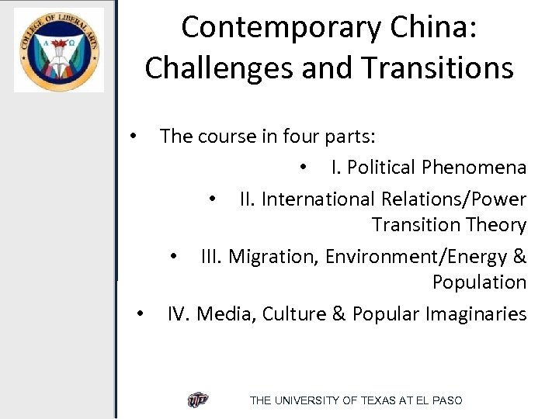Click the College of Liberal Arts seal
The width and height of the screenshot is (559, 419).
[58, 50]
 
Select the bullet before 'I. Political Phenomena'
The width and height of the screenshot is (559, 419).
[305, 168]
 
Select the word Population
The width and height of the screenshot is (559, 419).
[479, 282]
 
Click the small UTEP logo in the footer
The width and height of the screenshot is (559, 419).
[198, 400]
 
